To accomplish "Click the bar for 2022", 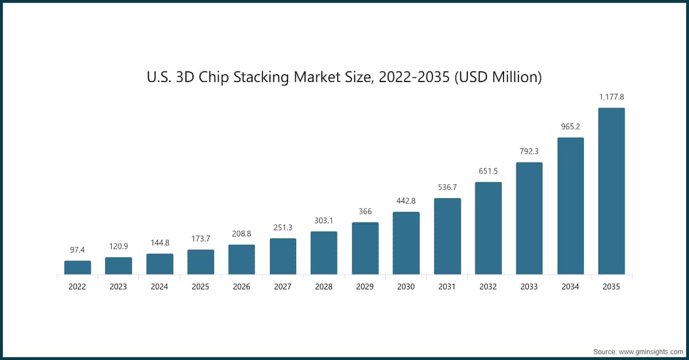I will tap(78, 268).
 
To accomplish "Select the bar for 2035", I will tap(611, 191).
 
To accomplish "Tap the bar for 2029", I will tap(365, 248).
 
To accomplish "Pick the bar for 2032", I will tap(488, 228).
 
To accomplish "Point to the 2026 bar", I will tap(242, 260).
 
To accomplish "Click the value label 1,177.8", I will tap(611, 97).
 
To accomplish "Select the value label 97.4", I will tap(78, 250).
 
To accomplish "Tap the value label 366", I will tap(365, 211).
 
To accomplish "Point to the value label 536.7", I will tap(447, 187).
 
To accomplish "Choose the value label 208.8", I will tap(242, 234).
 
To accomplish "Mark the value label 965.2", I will tap(570, 126).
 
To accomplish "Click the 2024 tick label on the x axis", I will tap(160, 287).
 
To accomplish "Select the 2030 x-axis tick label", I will tap(406, 287).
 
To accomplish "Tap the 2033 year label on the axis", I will tap(529, 287).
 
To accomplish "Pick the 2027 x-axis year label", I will tap(283, 287).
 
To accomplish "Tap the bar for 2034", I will tap(570, 206).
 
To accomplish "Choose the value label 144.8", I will tap(160, 243).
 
